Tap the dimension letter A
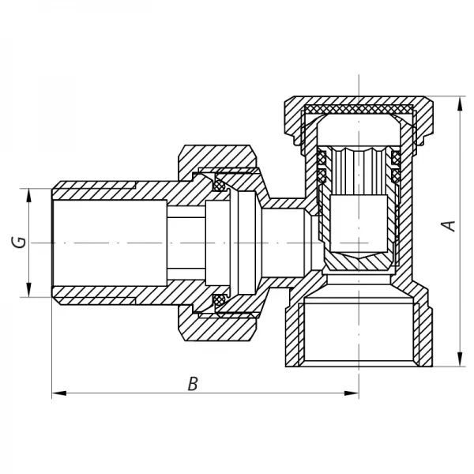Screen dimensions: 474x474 point(450,225)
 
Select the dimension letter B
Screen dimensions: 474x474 point(192,385)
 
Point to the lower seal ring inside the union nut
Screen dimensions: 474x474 point(220,299)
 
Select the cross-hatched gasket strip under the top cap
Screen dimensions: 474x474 point(359,108)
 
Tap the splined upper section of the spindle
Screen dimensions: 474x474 point(360,170)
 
